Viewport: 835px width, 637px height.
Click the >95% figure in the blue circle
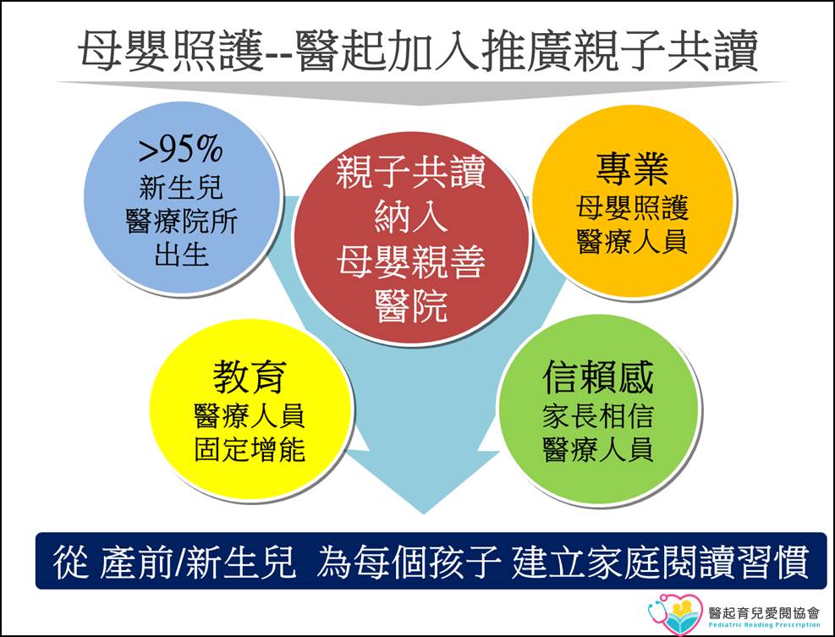point(180,149)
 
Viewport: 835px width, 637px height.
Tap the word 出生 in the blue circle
point(181,254)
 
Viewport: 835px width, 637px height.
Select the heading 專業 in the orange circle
point(632,168)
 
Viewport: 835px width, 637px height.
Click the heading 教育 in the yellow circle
point(250,376)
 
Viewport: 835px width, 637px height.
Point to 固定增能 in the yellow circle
point(250,449)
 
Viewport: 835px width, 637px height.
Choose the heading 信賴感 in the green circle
point(598,376)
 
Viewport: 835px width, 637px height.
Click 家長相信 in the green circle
point(598,416)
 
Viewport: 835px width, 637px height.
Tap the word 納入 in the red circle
point(410,217)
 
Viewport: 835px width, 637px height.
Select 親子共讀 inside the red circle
point(410,172)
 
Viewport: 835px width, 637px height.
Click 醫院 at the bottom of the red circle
point(410,306)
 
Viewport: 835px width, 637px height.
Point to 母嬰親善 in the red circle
point(410,261)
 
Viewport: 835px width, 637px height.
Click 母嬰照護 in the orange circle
point(632,208)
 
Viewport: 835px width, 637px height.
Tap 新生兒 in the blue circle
point(181,188)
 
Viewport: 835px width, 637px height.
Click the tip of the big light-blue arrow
point(424,513)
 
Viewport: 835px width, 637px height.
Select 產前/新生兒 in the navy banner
point(197,562)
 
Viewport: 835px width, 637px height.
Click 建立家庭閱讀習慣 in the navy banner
point(661,562)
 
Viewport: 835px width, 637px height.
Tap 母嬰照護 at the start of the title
point(171,51)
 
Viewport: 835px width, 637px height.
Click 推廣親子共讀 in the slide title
point(618,51)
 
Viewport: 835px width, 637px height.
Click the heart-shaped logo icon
point(675,614)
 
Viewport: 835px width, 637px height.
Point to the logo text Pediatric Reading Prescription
point(764,625)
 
